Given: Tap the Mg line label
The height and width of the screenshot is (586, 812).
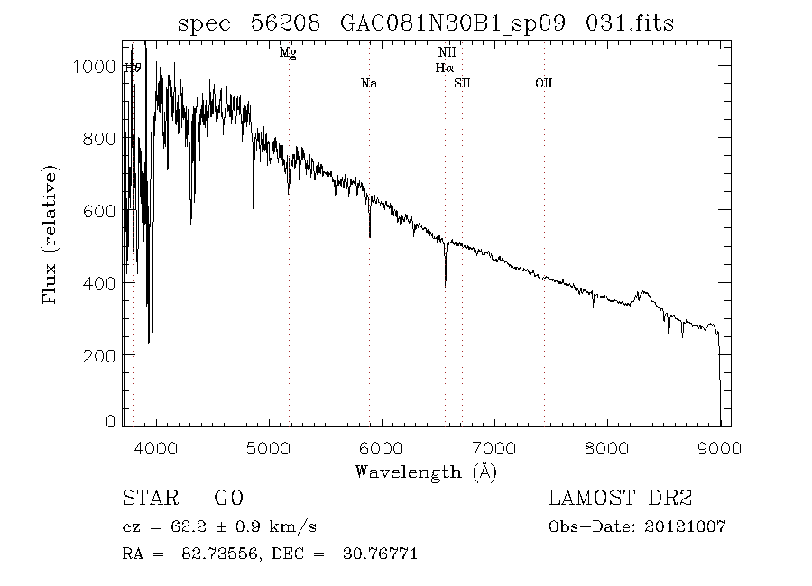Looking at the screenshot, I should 288,53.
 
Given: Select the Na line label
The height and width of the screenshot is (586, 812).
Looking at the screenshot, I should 368,84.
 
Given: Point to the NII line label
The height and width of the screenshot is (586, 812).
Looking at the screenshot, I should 446,53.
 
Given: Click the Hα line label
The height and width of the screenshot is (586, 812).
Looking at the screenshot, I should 444,68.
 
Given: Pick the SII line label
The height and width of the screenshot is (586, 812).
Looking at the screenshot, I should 462,84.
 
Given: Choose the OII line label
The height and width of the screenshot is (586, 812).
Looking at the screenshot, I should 543,84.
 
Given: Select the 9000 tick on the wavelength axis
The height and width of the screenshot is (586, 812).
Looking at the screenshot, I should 719,447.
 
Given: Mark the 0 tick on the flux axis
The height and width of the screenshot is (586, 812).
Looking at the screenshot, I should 111,421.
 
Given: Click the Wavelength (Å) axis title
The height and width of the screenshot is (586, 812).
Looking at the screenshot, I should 425,471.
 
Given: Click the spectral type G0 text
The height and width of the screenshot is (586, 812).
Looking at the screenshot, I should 229,499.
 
